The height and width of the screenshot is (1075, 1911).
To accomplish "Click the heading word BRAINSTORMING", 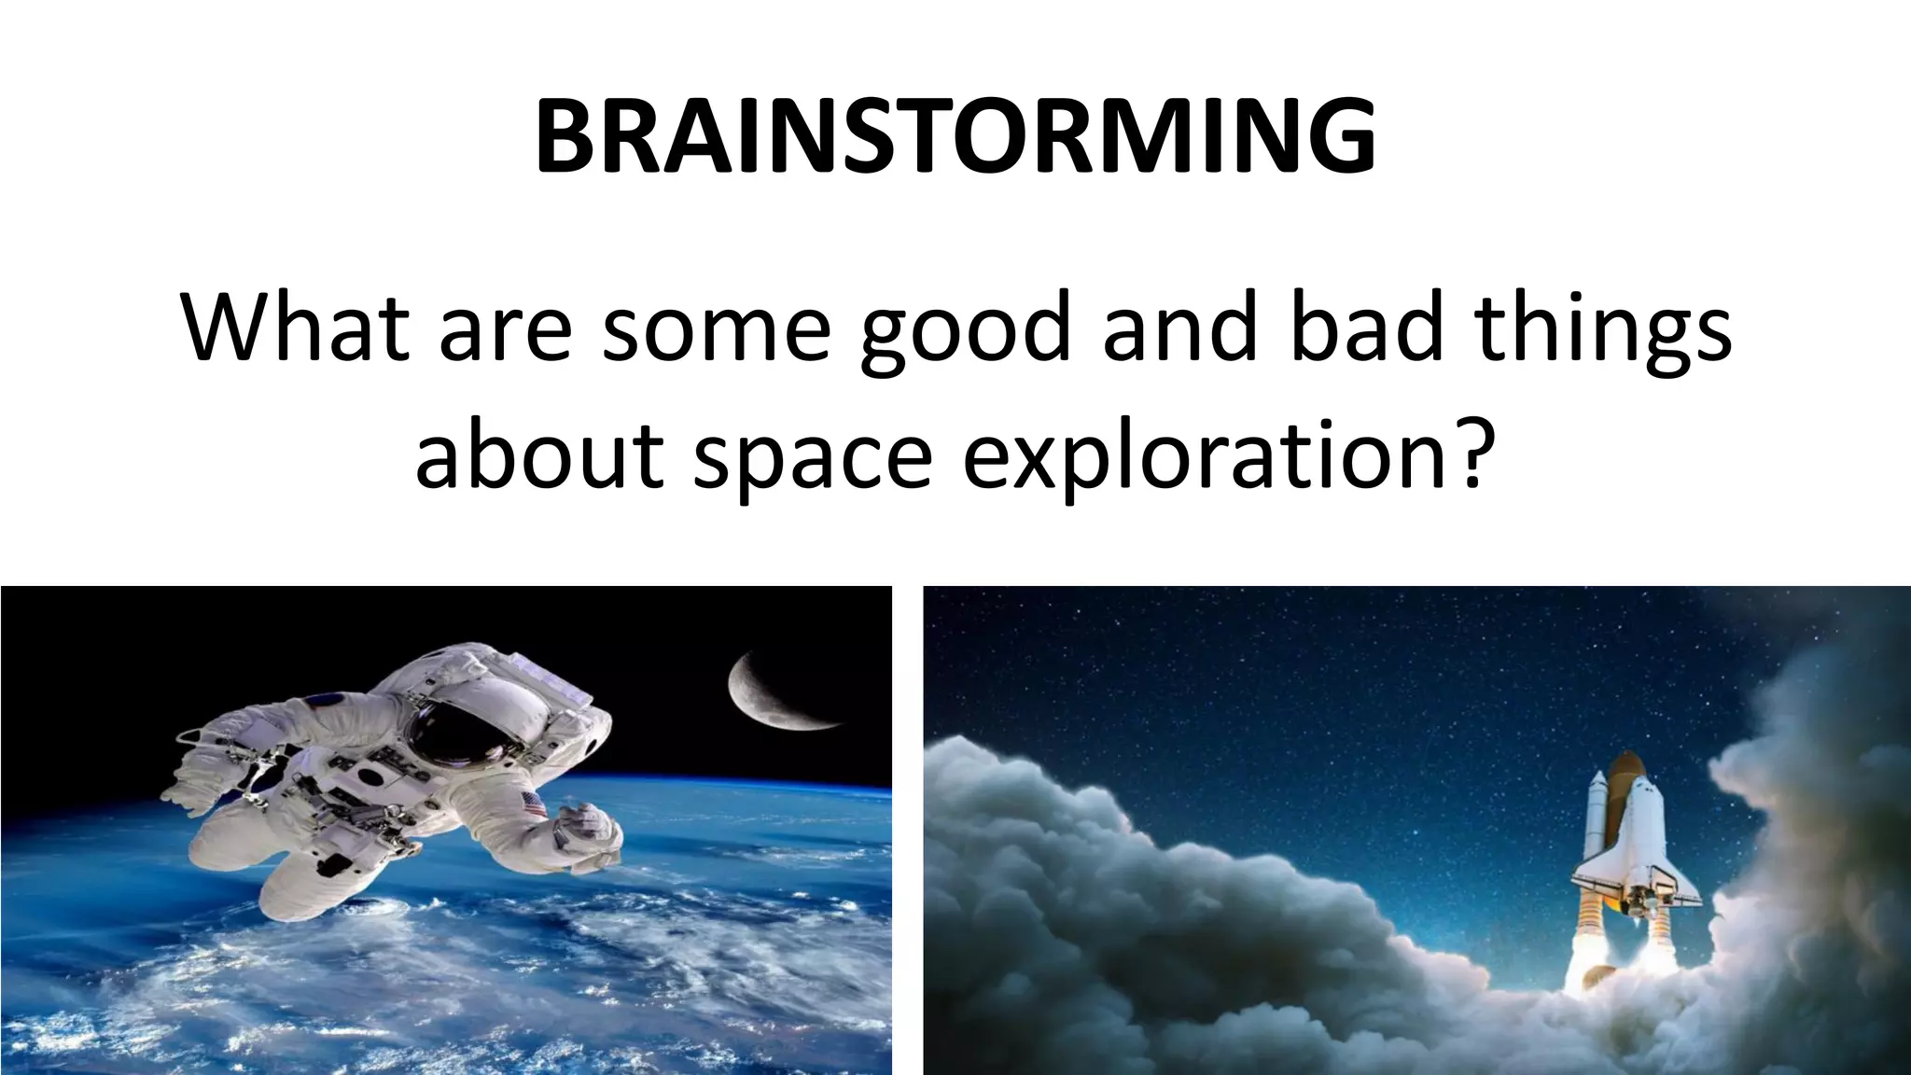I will [955, 137].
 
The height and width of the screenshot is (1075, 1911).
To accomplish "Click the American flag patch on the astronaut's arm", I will [535, 804].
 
